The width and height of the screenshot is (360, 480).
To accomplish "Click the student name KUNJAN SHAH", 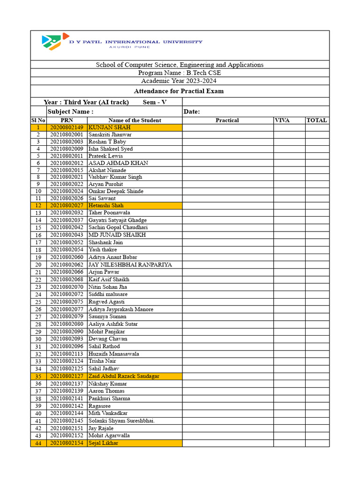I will point(109,127).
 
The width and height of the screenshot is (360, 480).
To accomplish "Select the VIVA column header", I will point(282,120).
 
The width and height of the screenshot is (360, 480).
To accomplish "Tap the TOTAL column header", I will point(316,120).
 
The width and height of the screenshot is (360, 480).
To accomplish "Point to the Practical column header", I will point(227,120).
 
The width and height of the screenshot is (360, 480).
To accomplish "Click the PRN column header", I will point(67,120).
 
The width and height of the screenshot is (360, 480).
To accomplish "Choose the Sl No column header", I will point(38,120).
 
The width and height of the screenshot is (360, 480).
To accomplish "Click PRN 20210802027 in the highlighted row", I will point(67,205).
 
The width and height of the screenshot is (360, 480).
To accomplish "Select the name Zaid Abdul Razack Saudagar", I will point(124,376).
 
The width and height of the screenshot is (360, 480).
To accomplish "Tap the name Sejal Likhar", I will point(103,443).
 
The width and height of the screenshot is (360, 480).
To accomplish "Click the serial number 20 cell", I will point(38,265).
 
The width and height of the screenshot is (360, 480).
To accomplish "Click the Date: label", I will point(192,112).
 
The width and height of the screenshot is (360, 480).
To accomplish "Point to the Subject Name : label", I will point(70,112).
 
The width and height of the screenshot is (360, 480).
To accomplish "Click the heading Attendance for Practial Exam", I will point(179,91).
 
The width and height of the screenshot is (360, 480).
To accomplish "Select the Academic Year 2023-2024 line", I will point(180,81).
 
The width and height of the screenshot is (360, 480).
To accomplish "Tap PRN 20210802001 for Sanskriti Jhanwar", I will point(67,135).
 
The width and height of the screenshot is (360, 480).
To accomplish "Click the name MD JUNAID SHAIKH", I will point(117,235).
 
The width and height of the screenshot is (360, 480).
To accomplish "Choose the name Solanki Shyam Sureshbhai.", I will point(121,420).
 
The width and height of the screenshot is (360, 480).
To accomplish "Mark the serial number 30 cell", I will point(38,339).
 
